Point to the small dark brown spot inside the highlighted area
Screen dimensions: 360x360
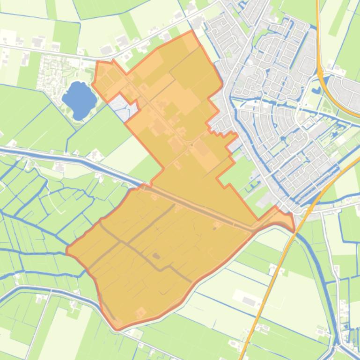click(156, 256)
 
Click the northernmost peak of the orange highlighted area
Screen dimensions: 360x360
click(192, 31)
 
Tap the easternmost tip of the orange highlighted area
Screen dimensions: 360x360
click(294, 229)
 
